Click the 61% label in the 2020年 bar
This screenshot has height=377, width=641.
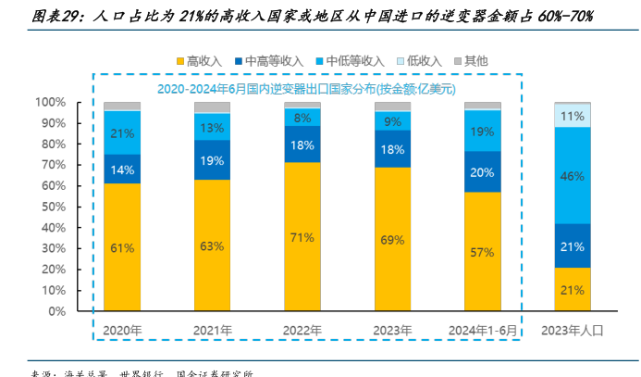[122, 247]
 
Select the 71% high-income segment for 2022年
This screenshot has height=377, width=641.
[302, 238]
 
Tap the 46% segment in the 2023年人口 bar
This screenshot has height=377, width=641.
[573, 175]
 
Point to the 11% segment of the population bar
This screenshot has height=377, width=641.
[573, 116]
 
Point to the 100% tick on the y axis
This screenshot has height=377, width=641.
[50, 102]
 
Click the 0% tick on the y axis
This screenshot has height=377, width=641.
[55, 311]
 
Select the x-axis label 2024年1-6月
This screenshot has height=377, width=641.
[483, 330]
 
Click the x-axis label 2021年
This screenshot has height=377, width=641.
[213, 330]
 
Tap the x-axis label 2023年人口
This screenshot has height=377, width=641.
[573, 330]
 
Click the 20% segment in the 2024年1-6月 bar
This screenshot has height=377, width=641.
[483, 171]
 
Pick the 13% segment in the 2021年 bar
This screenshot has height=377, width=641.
[213, 127]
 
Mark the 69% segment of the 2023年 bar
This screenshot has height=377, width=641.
[392, 240]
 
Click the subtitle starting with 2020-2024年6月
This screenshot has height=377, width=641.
[305, 89]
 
